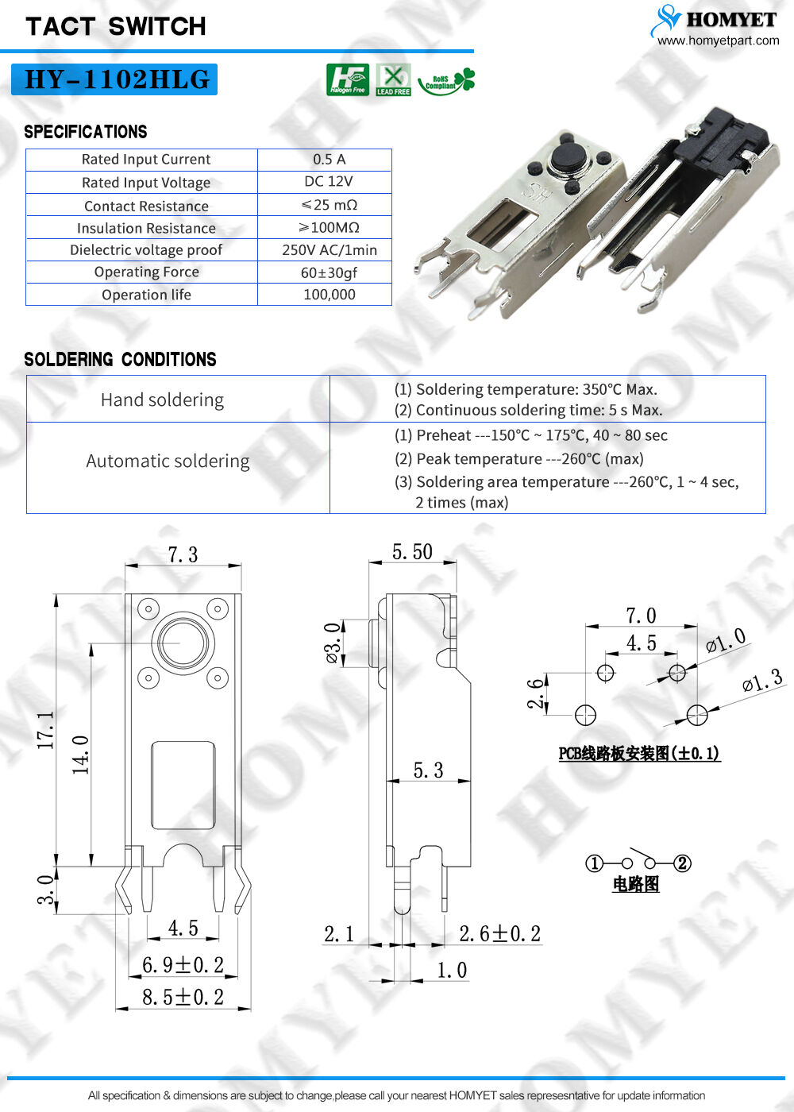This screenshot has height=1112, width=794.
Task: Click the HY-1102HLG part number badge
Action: click(114, 79)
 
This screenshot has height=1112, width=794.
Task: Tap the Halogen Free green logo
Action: click(347, 79)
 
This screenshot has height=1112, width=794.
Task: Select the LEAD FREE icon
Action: click(393, 79)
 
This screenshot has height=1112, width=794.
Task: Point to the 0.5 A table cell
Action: click(329, 159)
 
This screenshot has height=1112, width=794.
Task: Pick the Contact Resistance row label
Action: click(146, 206)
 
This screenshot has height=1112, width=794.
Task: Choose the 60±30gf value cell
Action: click(329, 272)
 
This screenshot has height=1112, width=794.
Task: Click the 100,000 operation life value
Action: click(329, 295)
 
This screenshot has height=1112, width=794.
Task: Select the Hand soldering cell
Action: click(162, 400)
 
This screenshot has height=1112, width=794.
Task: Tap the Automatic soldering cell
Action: click(168, 461)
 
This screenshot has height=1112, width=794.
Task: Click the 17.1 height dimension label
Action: click(46, 730)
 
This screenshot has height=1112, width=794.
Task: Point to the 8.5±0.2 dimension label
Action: click(183, 997)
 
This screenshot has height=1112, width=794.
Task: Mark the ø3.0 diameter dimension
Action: click(333, 643)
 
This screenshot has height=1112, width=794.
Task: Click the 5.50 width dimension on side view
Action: click(412, 552)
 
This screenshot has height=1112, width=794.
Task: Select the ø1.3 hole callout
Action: click(762, 681)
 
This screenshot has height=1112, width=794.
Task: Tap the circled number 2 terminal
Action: click(682, 863)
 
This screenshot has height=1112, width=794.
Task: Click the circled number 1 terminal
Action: click(594, 863)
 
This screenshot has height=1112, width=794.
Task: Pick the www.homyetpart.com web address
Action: click(718, 41)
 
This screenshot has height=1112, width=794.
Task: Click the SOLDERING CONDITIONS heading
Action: click(120, 360)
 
